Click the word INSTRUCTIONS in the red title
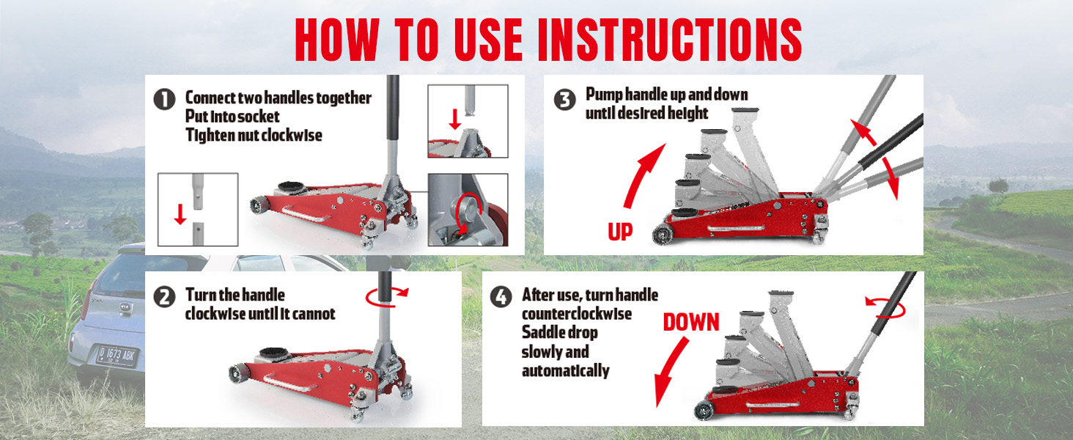point(670,40)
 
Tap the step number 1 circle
point(164,99)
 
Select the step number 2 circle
point(164,297)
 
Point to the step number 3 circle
point(565,100)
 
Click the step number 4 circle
point(501,297)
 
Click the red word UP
point(620,232)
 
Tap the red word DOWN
point(691,322)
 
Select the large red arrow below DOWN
point(670,373)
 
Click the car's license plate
point(117,356)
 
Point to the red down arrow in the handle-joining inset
point(180,214)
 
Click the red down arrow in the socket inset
point(455,120)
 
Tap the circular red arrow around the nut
point(468,213)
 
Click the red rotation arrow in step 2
point(386,298)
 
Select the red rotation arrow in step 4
point(885,307)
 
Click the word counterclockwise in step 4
point(577,314)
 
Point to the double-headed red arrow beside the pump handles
point(874,158)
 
